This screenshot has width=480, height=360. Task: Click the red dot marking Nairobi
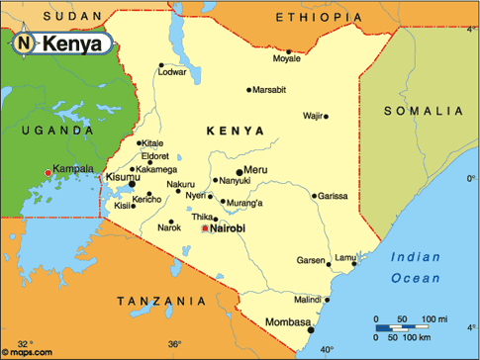click(x=205, y=228)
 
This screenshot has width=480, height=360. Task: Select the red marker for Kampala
click(x=47, y=173)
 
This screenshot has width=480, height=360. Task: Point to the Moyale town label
click(x=286, y=59)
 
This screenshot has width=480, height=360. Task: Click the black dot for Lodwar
click(x=160, y=66)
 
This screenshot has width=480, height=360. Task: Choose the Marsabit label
click(x=268, y=90)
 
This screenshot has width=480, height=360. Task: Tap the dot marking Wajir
click(x=326, y=117)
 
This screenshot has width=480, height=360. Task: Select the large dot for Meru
click(x=240, y=171)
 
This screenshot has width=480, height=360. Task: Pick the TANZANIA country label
click(x=155, y=300)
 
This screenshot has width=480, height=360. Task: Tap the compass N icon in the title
click(x=24, y=44)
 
